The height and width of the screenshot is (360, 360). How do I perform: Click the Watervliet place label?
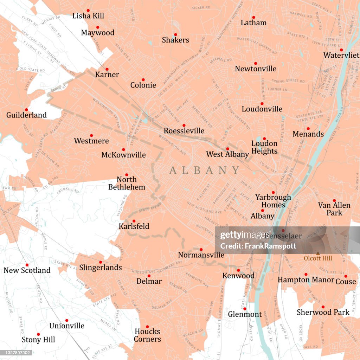click(341, 55)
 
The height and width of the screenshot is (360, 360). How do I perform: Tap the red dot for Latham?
click(253, 17)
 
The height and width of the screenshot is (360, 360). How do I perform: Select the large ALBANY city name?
click(204, 171)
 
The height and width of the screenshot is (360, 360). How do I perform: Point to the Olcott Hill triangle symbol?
click(318, 253)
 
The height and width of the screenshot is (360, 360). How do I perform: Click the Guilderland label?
click(26, 115)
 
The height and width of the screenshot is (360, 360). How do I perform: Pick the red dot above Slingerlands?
click(101, 262)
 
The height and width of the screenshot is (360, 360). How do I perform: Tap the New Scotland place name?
click(27, 270)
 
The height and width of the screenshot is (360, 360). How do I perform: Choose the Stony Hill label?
click(38, 340)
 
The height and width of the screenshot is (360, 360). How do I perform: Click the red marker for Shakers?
click(175, 34)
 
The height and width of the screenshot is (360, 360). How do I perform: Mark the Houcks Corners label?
click(147, 335)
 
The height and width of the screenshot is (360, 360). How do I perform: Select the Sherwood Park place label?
click(323, 312)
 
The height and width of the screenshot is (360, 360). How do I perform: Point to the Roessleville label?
click(184, 131)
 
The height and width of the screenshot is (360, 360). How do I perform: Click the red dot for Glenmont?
click(245, 309)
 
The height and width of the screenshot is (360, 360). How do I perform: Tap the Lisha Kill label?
click(88, 16)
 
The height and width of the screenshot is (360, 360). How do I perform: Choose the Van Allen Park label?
click(334, 209)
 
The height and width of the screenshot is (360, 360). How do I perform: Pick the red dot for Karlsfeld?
click(134, 221)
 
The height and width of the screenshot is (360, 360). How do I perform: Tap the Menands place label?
click(308, 134)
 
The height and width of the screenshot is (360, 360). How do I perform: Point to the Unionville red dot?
click(66, 320)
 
